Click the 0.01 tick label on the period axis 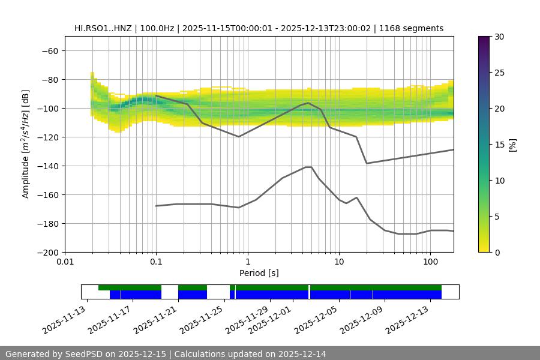65,262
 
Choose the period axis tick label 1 247,262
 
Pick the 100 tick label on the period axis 430,262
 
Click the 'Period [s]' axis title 259,273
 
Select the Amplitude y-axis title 26,144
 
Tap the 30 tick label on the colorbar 499,37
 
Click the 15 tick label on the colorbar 499,145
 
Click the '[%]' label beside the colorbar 512,145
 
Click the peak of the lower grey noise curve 308,167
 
